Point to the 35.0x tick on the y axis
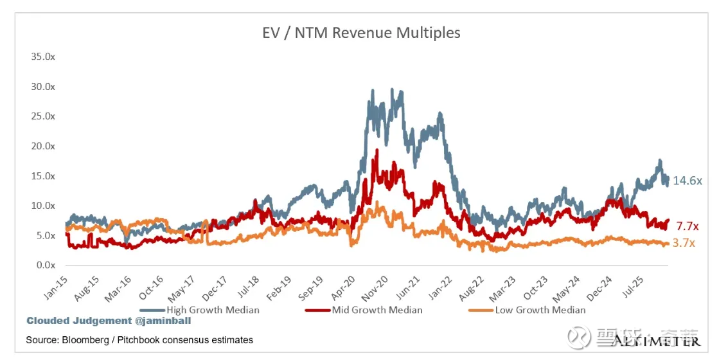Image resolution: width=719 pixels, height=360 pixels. [43, 57]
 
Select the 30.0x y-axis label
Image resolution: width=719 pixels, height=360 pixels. [43, 86]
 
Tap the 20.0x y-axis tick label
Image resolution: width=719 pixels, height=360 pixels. [43, 146]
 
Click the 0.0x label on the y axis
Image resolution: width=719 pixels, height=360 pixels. [45, 265]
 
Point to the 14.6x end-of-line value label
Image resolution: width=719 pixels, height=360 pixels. [688, 181]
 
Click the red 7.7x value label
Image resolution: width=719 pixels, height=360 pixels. [688, 226]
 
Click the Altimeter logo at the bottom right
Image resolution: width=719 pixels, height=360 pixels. [655, 339]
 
